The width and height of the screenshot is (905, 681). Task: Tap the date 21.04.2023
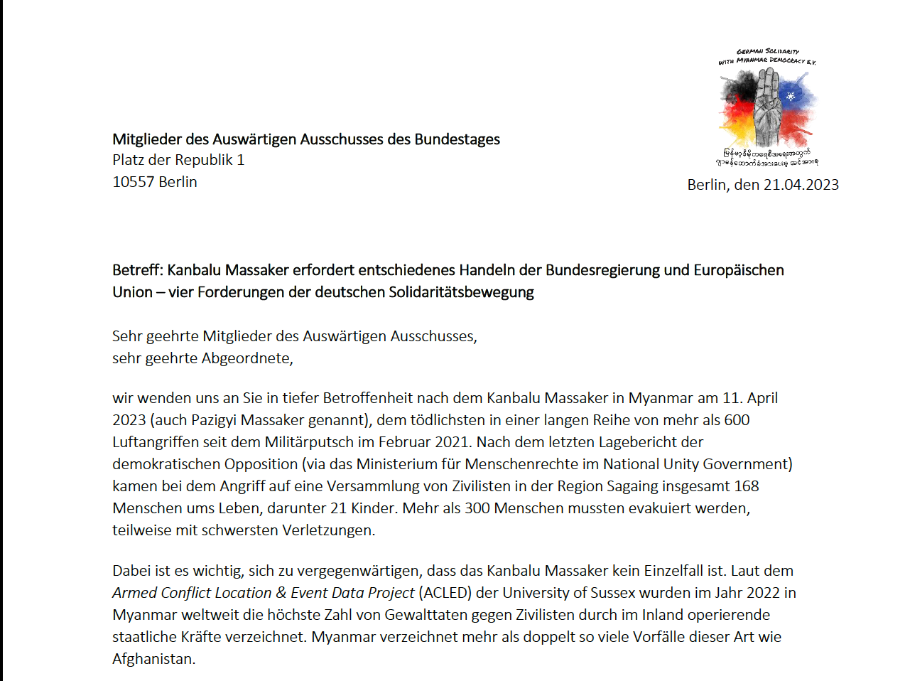pos(801,185)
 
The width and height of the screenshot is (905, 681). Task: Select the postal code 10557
pos(134,182)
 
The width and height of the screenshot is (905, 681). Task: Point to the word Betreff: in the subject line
pos(138,270)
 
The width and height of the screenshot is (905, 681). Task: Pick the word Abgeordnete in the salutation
pos(246,358)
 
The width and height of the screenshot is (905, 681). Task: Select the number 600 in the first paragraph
pos(737,420)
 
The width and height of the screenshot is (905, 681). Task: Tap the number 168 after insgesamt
pos(747,486)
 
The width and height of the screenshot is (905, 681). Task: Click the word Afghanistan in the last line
pos(153,659)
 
